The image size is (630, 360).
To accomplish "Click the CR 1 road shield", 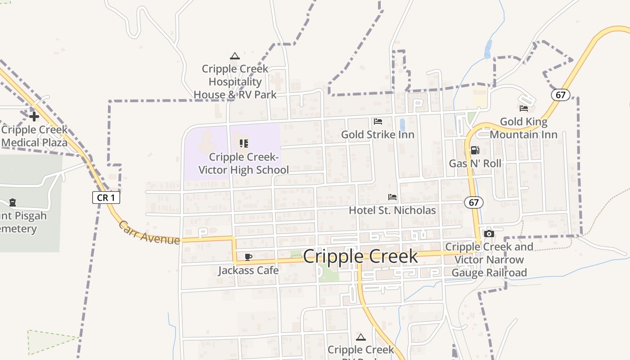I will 106,198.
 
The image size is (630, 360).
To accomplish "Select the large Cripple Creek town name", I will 360,256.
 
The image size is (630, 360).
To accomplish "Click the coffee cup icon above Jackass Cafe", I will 248,257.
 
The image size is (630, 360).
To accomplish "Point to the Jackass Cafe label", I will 248,270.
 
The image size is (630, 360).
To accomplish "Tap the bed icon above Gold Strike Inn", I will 378,121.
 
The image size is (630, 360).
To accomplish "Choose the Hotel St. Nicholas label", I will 392,210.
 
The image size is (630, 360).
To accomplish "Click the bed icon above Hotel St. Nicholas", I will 392,197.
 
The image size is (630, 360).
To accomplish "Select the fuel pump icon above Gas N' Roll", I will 475,150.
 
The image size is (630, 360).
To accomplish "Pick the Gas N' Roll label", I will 475,163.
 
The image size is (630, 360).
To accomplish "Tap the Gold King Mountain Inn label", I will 524,128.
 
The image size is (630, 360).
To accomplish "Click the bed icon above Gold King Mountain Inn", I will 524,108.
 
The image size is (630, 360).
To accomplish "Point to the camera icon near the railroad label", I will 489,234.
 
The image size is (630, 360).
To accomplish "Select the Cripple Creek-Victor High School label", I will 244,163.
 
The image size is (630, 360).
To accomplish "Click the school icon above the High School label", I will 244,144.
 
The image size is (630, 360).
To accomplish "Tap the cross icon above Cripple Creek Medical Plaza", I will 34,117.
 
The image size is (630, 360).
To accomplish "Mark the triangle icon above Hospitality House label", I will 234,56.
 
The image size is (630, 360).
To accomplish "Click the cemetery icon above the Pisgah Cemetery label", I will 13,202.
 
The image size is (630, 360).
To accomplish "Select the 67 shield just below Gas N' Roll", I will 474,202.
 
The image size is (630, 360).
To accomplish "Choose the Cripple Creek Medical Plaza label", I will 34,136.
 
